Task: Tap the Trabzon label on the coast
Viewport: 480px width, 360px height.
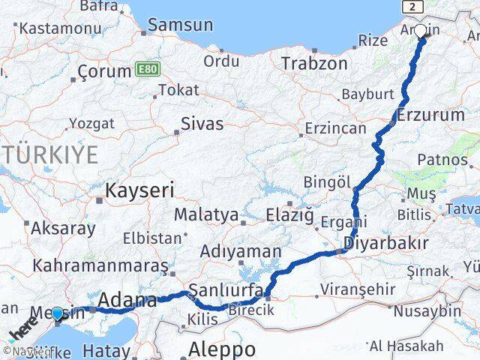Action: [x=314, y=64]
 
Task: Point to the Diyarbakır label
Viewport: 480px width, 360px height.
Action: [x=386, y=243]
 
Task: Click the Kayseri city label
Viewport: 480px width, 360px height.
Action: [x=139, y=190]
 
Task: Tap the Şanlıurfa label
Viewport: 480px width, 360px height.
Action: [x=226, y=289]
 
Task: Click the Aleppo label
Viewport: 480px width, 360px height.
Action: [x=222, y=349]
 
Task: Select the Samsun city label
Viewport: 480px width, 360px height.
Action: [x=180, y=25]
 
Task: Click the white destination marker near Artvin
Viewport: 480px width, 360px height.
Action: [x=420, y=31]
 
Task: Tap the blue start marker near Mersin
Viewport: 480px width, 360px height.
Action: [x=57, y=313]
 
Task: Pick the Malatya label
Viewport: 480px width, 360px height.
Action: [x=205, y=214]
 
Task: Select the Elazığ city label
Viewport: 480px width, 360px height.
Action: [x=289, y=215]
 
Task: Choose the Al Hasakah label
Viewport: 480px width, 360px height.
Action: [x=406, y=346]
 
